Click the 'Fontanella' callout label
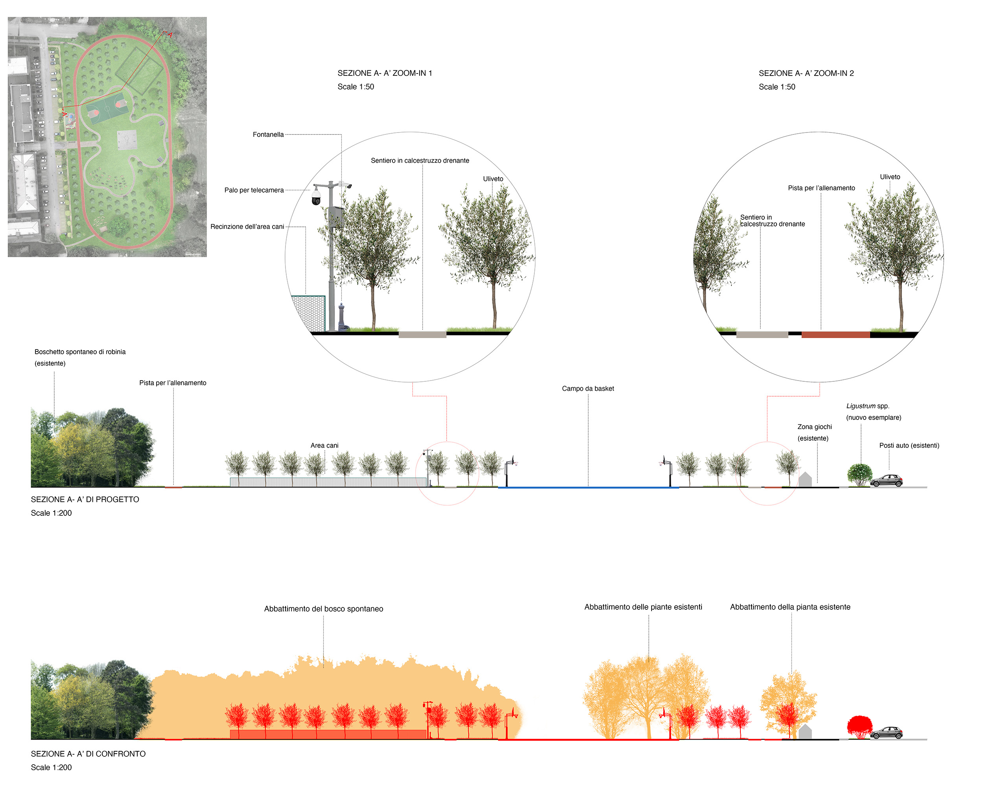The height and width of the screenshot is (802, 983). pyautogui.click(x=268, y=134)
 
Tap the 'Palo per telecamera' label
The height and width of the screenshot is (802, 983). pyautogui.click(x=254, y=190)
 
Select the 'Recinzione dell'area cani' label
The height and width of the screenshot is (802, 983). pyautogui.click(x=247, y=226)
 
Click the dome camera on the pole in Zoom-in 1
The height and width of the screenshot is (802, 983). pyautogui.click(x=317, y=197)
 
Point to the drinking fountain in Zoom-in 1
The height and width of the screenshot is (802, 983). pyautogui.click(x=342, y=317)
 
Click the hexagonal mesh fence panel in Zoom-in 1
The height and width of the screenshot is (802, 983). pyautogui.click(x=309, y=313)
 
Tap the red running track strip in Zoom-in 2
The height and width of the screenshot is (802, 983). pyautogui.click(x=835, y=335)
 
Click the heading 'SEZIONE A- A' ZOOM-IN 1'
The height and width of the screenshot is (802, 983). pyautogui.click(x=384, y=73)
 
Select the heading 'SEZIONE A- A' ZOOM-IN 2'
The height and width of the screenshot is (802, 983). pyautogui.click(x=806, y=73)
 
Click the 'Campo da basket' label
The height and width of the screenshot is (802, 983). pyautogui.click(x=587, y=388)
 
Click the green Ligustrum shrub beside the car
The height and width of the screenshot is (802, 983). pyautogui.click(x=859, y=475)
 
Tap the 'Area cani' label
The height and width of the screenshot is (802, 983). pyautogui.click(x=324, y=445)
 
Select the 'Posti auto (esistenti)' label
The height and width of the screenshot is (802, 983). pyautogui.click(x=909, y=445)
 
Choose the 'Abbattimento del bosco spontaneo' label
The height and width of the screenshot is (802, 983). pyautogui.click(x=323, y=609)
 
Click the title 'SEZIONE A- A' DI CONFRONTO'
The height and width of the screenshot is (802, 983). pyautogui.click(x=88, y=754)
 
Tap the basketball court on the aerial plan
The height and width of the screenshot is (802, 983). pyautogui.click(x=107, y=109)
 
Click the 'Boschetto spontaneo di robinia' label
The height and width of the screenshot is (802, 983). pyautogui.click(x=80, y=352)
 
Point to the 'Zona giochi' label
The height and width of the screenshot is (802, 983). pyautogui.click(x=814, y=427)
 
